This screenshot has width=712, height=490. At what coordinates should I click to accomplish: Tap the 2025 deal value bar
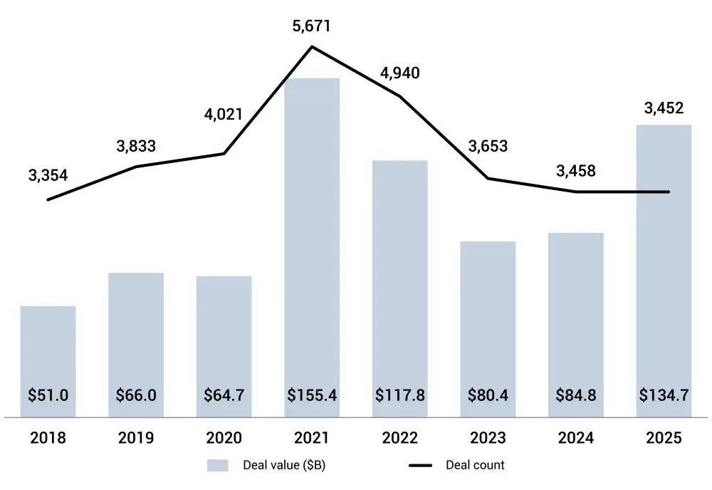pos(664,271)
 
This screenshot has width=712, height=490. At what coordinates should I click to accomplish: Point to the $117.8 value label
pos(399,395)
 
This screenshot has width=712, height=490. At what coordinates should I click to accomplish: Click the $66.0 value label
pos(136,395)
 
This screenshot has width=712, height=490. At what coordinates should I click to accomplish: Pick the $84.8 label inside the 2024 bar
pos(575,395)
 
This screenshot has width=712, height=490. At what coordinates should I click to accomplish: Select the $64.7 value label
pos(224,395)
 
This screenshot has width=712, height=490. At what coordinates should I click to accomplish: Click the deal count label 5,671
pos(312,26)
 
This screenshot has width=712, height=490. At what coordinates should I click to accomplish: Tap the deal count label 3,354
pos(48,175)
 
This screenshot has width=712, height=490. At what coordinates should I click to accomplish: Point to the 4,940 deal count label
pos(399,73)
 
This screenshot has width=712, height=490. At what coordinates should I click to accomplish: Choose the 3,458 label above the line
pos(575,171)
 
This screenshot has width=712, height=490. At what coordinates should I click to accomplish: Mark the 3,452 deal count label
pos(664,108)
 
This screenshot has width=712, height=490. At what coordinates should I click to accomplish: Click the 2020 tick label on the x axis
pos(224,438)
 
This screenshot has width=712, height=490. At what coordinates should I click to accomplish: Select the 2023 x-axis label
pos(488,438)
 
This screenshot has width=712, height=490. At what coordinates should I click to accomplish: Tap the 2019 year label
pos(136,438)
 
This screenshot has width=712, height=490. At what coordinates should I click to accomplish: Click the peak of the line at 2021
pos(312,47)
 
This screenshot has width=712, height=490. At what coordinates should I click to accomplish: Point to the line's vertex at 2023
pos(488,178)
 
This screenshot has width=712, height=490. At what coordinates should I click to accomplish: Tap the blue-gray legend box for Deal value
pos(218,466)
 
